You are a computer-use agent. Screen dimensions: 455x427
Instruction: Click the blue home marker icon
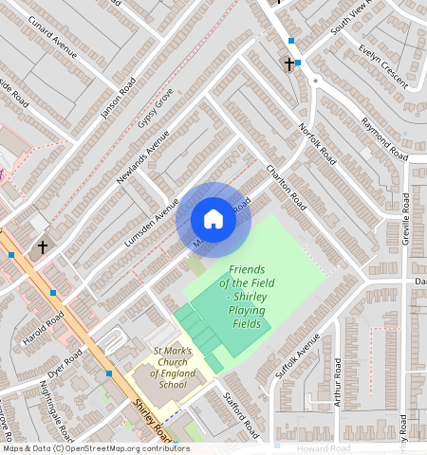pos(213,219)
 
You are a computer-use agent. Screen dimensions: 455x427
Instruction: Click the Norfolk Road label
pos(317,142)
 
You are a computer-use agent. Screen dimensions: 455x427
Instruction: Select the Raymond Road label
pos(384,138)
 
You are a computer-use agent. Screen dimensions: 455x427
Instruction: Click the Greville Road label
pos(406,217)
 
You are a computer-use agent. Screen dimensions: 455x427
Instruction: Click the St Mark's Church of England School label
pos(173,368)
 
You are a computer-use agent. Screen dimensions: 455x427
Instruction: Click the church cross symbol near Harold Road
pos(42,246)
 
